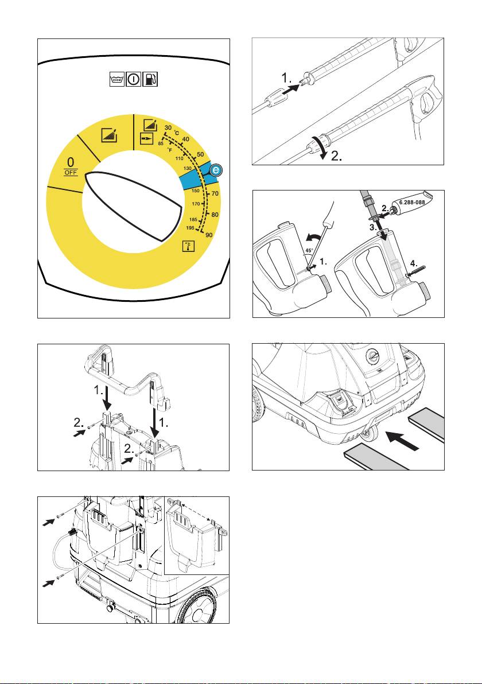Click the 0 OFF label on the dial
pos(70,166)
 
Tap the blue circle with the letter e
pos(215,170)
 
